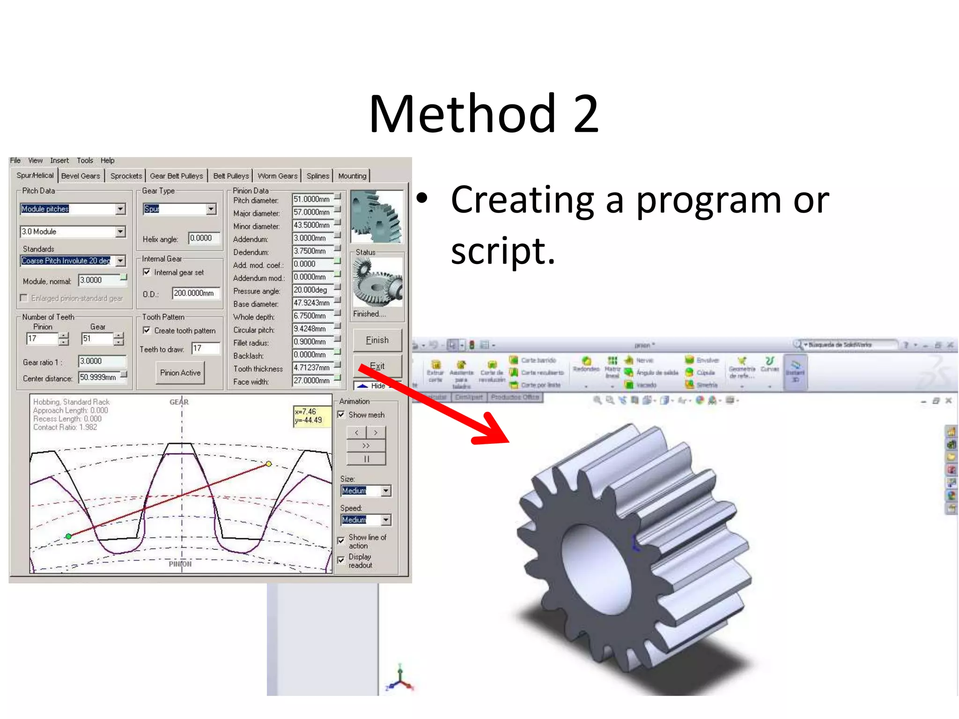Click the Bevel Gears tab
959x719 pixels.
[x=81, y=176]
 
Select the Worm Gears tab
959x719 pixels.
[x=277, y=176]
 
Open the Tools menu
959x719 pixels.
[x=85, y=161]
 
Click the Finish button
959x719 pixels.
[x=377, y=340]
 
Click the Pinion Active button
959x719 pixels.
[x=180, y=373]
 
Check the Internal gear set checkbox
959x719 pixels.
[x=147, y=272]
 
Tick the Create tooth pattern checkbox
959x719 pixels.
[x=147, y=330]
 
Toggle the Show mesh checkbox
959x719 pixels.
[x=341, y=415]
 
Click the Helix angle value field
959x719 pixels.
[x=204, y=238]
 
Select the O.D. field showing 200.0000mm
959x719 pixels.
[x=195, y=293]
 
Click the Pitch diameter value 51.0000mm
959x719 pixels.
[x=312, y=199]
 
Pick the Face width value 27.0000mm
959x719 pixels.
[x=312, y=381]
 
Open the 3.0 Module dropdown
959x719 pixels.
[x=121, y=232]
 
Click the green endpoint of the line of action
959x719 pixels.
[x=69, y=536]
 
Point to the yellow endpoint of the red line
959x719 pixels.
[x=269, y=464]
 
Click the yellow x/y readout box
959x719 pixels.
[x=311, y=416]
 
